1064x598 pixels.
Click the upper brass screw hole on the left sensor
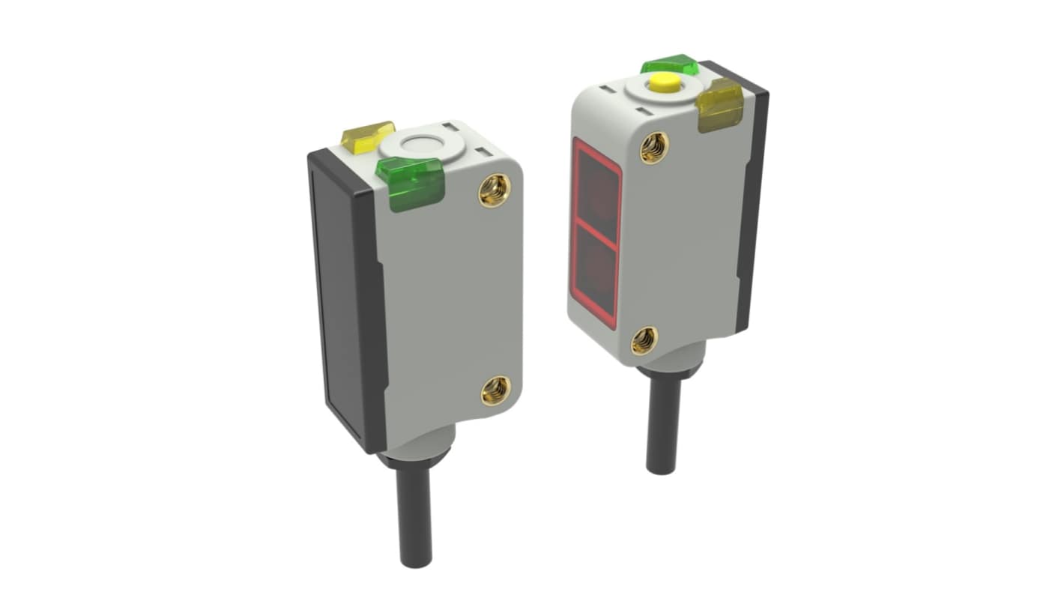click(x=494, y=190)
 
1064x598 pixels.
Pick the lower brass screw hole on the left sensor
click(x=495, y=390)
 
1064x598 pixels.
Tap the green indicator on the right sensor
click(x=670, y=65)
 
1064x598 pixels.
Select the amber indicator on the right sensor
click(x=720, y=105)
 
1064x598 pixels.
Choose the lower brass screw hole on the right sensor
click(x=644, y=340)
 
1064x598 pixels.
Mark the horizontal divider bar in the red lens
click(x=596, y=235)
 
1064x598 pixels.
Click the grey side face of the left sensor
click(x=450, y=300)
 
